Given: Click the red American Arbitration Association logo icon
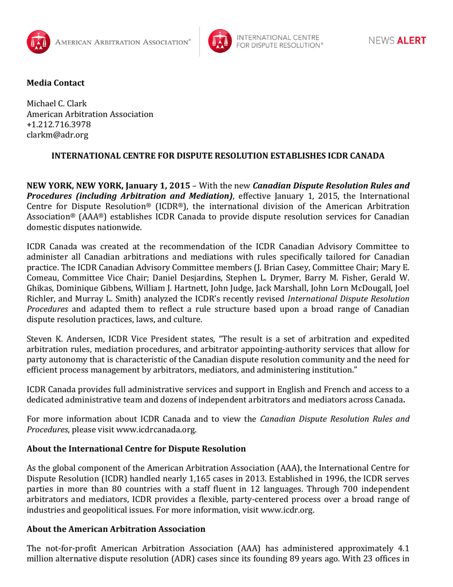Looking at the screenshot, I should [x=38, y=42].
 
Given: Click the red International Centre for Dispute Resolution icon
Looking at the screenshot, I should [x=220, y=41].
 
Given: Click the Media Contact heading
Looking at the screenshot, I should [x=56, y=83].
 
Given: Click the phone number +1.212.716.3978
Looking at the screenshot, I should [x=59, y=124].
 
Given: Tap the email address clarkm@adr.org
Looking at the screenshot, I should [x=57, y=135].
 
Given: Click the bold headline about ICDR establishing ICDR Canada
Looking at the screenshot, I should [x=218, y=156].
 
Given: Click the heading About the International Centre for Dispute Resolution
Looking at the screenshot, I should [x=136, y=449].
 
